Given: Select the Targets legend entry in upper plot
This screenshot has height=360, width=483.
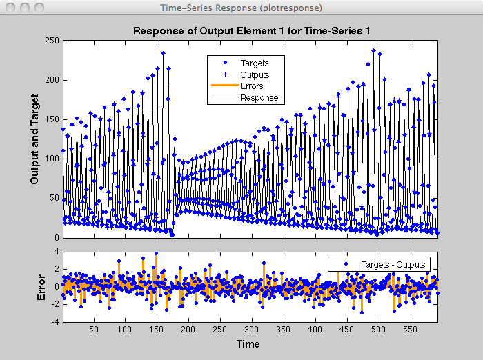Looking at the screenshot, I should point(255,63).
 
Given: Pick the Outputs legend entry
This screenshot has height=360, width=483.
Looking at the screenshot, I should point(255,74).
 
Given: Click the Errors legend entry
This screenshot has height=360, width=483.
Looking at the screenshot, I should point(253,86).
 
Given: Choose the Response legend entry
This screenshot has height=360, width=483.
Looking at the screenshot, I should point(259,98).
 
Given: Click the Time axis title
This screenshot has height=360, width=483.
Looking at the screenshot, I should point(248,343).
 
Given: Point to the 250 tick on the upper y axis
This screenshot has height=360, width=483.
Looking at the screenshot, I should point(51,40).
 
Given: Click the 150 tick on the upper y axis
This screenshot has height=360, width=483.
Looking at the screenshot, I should point(51,119).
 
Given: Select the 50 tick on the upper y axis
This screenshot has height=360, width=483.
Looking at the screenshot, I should point(54,198).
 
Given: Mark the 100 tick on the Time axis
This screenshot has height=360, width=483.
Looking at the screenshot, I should point(125,330).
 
